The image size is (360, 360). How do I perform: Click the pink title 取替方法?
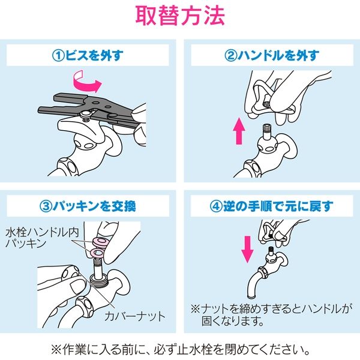tap(180, 16)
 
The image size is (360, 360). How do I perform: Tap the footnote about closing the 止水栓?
tap(180, 348)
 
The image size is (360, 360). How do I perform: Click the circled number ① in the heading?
tap(58, 56)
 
